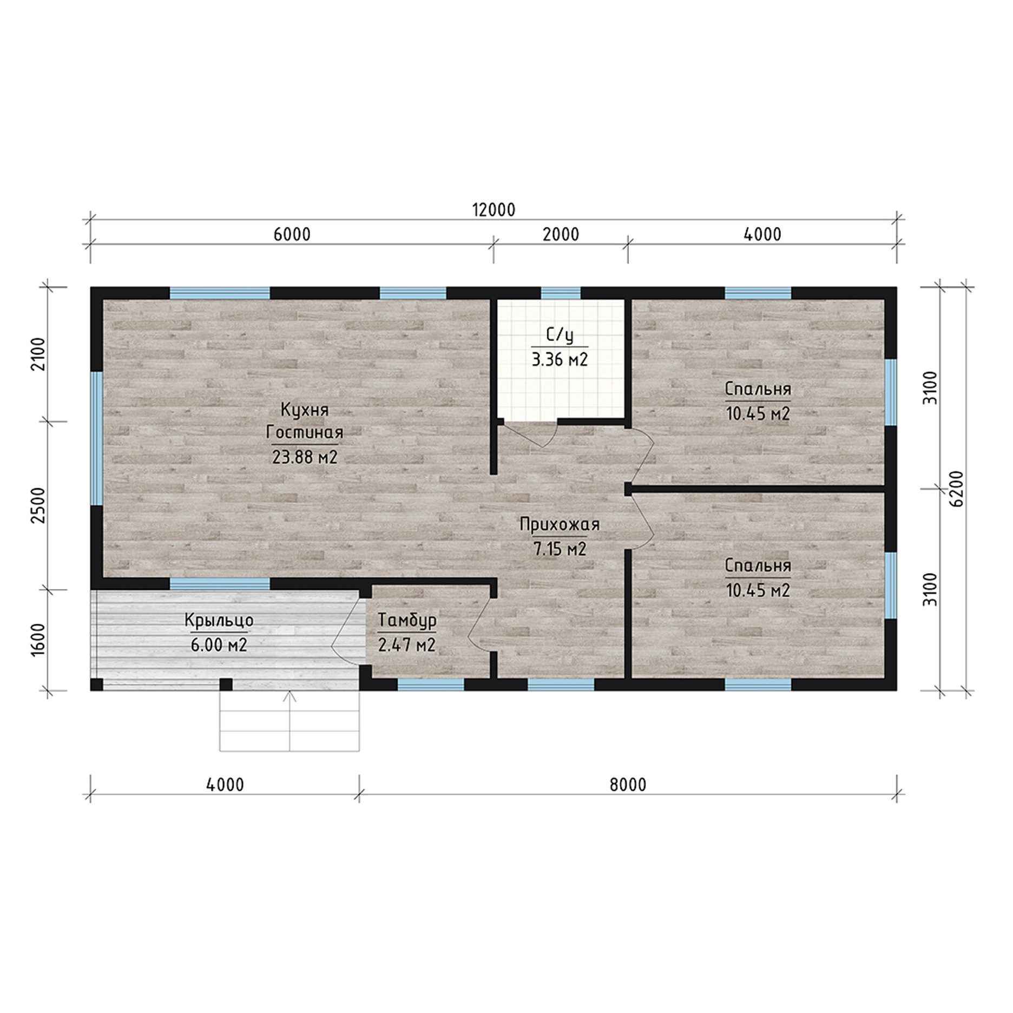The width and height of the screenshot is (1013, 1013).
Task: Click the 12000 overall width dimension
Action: click(494, 209)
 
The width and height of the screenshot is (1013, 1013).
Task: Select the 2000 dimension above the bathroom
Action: click(561, 234)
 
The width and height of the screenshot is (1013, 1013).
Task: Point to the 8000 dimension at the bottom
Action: click(628, 784)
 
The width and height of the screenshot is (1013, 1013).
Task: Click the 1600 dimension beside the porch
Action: click(37, 640)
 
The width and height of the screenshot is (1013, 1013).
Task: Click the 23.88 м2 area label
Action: click(305, 457)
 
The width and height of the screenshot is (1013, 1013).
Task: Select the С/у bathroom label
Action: click(560, 336)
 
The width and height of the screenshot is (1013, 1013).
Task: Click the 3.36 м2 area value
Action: click(560, 359)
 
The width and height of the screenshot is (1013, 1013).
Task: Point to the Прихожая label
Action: click(560, 524)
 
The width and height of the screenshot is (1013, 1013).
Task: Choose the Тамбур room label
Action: click(407, 621)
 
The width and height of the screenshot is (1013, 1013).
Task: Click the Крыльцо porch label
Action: click(219, 621)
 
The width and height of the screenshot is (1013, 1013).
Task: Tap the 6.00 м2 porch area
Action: click(219, 645)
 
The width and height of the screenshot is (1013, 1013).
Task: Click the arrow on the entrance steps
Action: click(290, 720)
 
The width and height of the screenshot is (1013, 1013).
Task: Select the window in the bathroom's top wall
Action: click(561, 293)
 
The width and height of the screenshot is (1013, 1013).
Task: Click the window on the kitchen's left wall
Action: click(96, 438)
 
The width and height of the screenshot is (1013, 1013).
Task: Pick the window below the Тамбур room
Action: click(431, 685)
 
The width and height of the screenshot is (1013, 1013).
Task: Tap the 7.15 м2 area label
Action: click(560, 549)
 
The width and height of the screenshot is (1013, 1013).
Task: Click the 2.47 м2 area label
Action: click(407, 645)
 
